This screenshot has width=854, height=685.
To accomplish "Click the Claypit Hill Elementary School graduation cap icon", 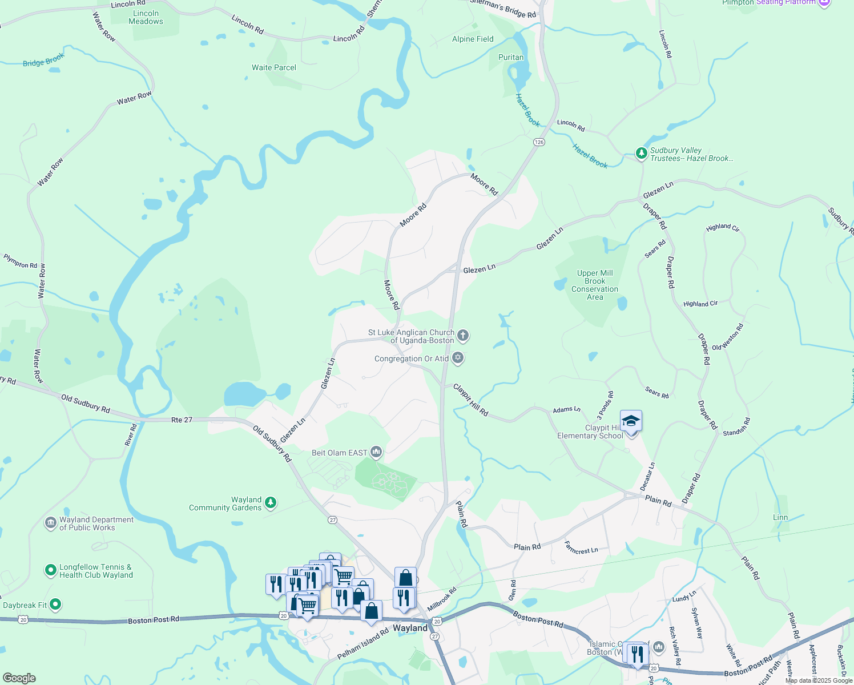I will (631, 421).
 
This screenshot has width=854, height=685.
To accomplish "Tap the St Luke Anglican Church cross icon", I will (463, 336).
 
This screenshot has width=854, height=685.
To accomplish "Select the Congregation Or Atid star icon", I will (457, 358).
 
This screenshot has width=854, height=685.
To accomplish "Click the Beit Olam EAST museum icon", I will (376, 453).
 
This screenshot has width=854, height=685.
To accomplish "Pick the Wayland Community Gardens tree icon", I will (271, 503).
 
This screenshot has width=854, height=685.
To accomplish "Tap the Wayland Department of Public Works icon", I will (50, 523).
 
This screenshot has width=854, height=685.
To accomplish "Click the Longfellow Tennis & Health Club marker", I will (50, 570).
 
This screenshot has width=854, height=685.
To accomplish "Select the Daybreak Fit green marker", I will (55, 604).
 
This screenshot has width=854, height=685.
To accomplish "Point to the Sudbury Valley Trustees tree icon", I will (641, 153).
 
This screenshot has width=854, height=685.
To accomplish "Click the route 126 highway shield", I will (539, 142).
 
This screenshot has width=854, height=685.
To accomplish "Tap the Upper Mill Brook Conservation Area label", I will (595, 285).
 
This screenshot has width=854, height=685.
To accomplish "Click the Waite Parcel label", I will (274, 67).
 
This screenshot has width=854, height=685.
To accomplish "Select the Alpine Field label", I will (473, 39).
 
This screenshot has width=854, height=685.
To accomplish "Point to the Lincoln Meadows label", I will (146, 17).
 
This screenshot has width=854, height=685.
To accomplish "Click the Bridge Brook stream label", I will (43, 60).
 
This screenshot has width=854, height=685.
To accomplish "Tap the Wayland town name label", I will (410, 628).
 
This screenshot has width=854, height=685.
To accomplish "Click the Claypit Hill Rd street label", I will (471, 400).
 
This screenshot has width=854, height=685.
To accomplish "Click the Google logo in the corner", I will (19, 678).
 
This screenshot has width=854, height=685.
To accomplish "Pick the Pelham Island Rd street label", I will (362, 644).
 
